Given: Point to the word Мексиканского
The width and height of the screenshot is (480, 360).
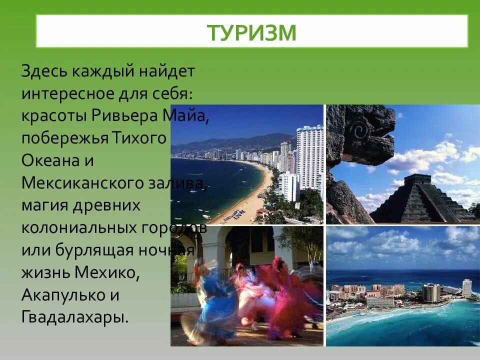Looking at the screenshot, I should (80, 184).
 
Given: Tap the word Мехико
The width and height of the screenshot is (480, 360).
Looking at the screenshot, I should (105, 272).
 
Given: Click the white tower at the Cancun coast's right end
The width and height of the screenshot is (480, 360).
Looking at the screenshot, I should (466, 288).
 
